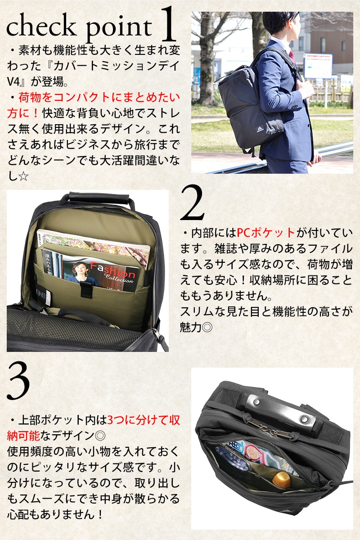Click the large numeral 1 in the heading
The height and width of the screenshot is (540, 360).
pyautogui.click(x=168, y=24)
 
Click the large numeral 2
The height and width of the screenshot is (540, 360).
pyautogui.click(x=193, y=202)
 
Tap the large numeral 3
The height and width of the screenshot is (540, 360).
pyautogui.click(x=18, y=382)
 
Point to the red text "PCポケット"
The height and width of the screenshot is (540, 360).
pyautogui.click(x=265, y=233)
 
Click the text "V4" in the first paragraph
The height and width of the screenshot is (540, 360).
pyautogui.click(x=13, y=81)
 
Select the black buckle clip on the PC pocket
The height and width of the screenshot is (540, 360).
pyautogui.click(x=86, y=289)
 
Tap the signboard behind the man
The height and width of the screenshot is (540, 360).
pyautogui.click(x=318, y=66)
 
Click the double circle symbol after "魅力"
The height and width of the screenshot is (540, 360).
pyautogui.click(x=207, y=327)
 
